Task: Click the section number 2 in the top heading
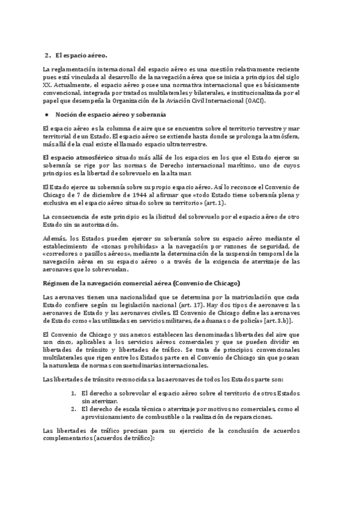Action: (x=47, y=55)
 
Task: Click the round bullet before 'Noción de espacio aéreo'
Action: (x=47, y=114)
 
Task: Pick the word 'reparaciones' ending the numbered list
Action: (x=251, y=417)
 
